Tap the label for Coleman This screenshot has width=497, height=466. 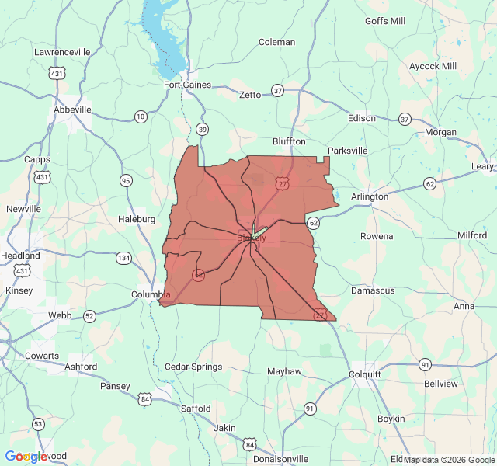(x=276, y=42)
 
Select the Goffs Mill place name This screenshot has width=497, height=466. (x=385, y=21)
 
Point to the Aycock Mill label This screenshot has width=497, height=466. (x=433, y=66)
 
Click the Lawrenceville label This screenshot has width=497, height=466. (x=62, y=52)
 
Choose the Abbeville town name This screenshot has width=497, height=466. (x=72, y=110)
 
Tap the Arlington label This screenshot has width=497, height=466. (x=370, y=196)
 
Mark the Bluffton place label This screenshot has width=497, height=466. (x=289, y=141)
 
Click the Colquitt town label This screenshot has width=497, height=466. (x=365, y=374)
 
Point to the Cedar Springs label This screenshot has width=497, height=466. (x=193, y=367)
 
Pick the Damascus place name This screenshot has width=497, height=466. (x=373, y=290)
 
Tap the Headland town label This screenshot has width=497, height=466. (x=21, y=256)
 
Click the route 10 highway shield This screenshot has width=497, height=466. (x=141, y=116)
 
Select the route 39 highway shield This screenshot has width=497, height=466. (x=203, y=129)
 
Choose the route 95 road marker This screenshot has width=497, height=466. (x=126, y=180)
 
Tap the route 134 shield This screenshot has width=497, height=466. (x=123, y=257)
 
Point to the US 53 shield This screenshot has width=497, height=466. (x=38, y=423)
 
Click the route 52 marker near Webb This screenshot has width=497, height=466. (x=89, y=315)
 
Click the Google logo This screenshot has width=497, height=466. (x=26, y=457)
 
